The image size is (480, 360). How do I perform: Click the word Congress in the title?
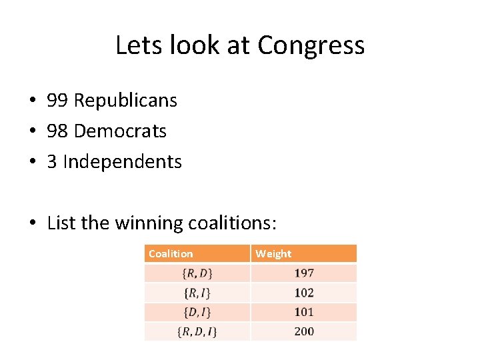pyautogui.click(x=311, y=45)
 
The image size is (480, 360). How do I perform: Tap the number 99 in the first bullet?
pyautogui.click(x=57, y=101)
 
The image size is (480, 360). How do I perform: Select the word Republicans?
pyautogui.click(x=125, y=101)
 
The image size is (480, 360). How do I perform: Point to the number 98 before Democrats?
pyautogui.click(x=57, y=131)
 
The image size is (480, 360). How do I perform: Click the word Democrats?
pyautogui.click(x=120, y=131)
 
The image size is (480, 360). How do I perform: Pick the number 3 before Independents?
pyautogui.click(x=52, y=162)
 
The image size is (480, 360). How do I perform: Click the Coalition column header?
pyautogui.click(x=171, y=253)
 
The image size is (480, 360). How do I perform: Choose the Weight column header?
pyautogui.click(x=273, y=253)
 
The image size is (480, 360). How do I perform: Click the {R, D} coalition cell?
pyautogui.click(x=197, y=273)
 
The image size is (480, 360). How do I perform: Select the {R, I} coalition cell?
pyautogui.click(x=197, y=292)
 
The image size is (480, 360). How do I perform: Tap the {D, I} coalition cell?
pyautogui.click(x=197, y=311)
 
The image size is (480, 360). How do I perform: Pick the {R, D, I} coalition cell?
pyautogui.click(x=197, y=331)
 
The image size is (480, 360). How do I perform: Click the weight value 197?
pyautogui.click(x=304, y=273)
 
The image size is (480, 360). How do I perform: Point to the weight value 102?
pyautogui.click(x=304, y=292)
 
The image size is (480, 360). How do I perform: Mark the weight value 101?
pyautogui.click(x=304, y=311)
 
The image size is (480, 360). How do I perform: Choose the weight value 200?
pyautogui.click(x=304, y=331)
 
